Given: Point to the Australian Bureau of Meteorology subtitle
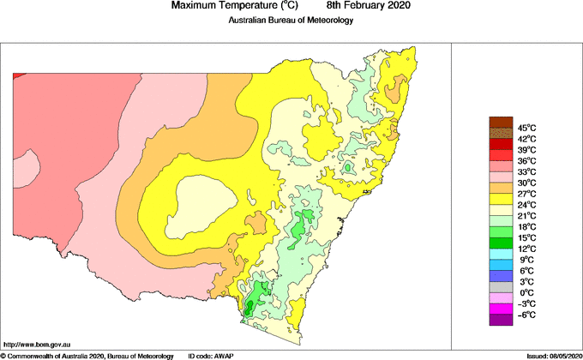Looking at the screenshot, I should [x=291, y=21].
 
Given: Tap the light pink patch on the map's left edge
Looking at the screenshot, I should [x=24, y=168].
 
